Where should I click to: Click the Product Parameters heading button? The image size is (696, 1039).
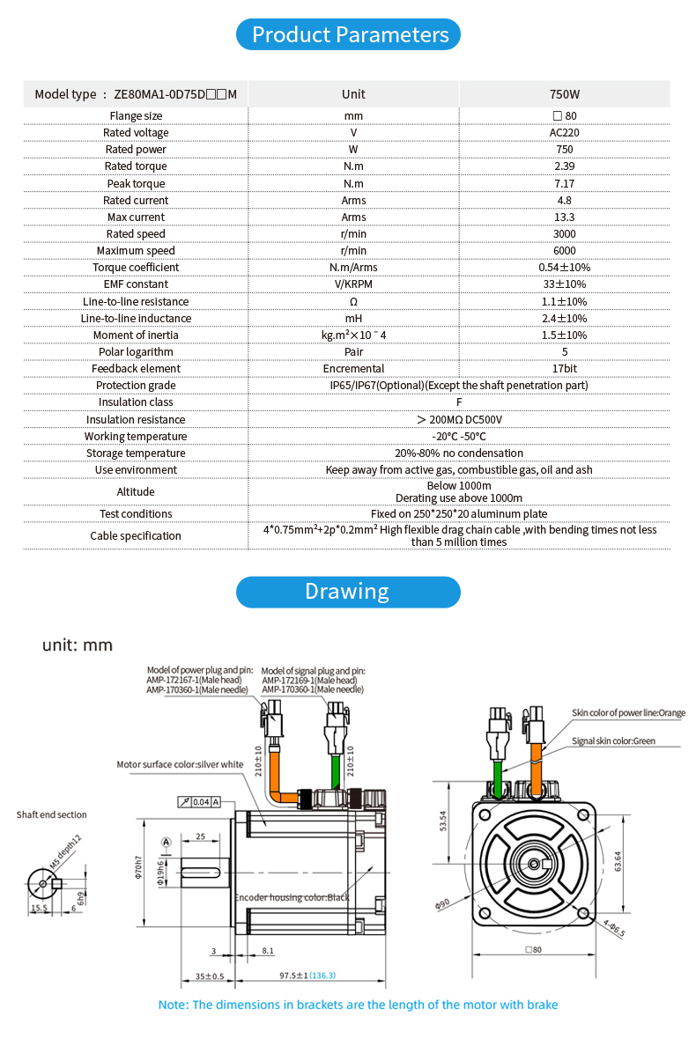(x=350, y=35)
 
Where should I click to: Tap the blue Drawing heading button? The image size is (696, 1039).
(x=347, y=592)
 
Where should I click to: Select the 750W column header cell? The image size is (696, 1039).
(x=564, y=94)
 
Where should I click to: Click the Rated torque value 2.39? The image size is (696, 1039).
(x=564, y=166)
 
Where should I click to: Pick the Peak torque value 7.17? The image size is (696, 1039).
(x=564, y=183)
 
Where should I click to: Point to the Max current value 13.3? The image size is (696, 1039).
(x=564, y=217)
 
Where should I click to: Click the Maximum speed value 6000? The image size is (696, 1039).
(x=564, y=251)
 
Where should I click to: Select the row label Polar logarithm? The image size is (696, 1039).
(x=136, y=351)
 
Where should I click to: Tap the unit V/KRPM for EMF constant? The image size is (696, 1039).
(x=353, y=284)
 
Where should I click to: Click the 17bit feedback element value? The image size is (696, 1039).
(x=564, y=368)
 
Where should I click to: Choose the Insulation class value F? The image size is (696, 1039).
(x=458, y=402)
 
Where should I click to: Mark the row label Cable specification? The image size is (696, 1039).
(x=136, y=535)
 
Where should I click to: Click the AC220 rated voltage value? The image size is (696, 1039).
(x=564, y=133)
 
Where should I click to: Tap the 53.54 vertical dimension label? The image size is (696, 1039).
(x=443, y=821)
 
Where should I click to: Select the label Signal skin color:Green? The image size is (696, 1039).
(x=613, y=741)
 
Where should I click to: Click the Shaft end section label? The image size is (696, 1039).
(x=52, y=815)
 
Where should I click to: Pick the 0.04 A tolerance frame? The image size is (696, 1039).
(x=199, y=802)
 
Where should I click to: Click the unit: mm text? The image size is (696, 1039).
(x=78, y=645)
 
